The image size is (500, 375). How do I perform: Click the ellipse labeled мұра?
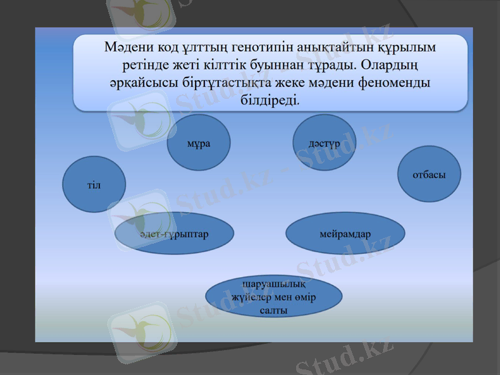pos(199,142)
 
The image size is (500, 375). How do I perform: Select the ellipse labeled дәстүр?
pos(324,142)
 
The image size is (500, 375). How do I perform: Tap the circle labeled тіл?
pos(94,184)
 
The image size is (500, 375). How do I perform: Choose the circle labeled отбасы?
pos(429,174)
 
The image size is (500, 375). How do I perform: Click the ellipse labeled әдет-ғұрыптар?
pos(174,233)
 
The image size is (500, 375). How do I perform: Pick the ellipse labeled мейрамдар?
pos(345,233)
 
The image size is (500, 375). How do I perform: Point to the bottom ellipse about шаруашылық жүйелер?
pos(274,297)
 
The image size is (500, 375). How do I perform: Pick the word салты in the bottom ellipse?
pos(273,310)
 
